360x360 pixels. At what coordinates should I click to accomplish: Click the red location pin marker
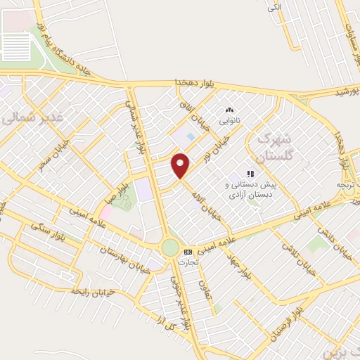tap(181, 165)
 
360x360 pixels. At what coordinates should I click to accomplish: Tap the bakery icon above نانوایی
tap(229, 110)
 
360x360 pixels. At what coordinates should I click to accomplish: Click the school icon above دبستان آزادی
tap(250, 172)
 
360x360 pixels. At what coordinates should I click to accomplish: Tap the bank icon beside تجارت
tap(188, 252)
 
